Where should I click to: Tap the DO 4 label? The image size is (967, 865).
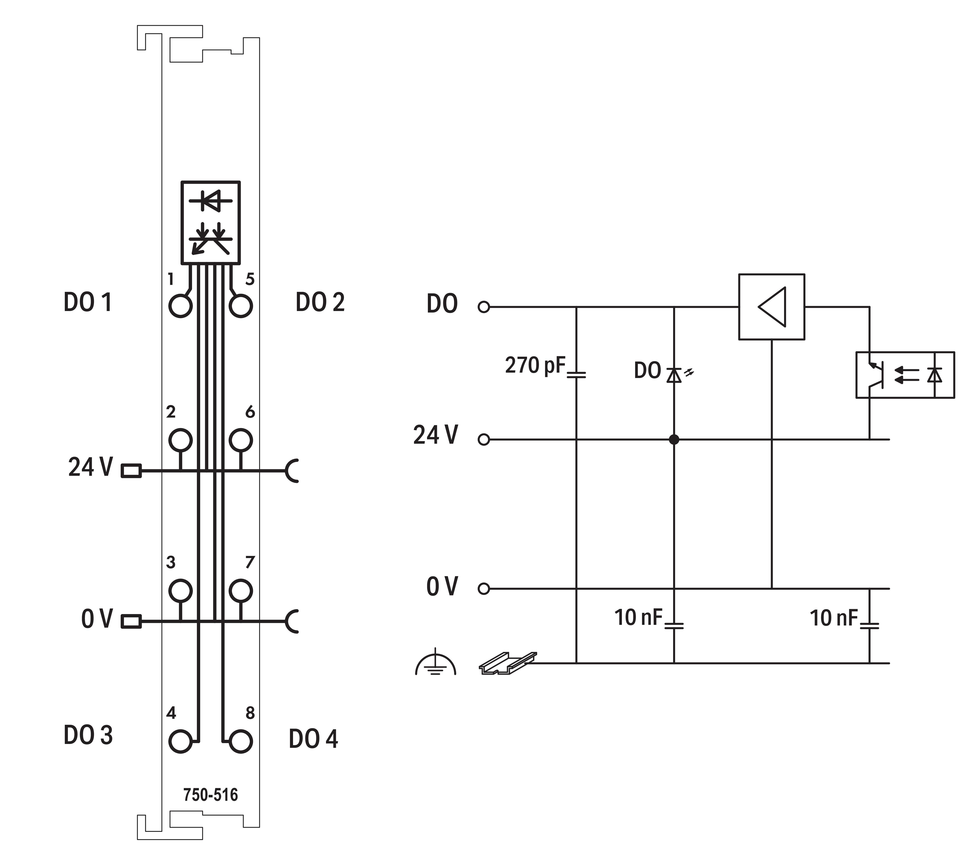(313, 739)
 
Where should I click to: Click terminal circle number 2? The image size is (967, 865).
(181, 440)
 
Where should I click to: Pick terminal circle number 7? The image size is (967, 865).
(240, 591)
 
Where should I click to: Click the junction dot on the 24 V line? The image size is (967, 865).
(674, 440)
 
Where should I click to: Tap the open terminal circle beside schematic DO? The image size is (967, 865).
(483, 307)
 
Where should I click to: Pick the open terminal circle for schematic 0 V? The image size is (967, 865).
(483, 589)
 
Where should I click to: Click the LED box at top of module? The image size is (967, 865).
(211, 222)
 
